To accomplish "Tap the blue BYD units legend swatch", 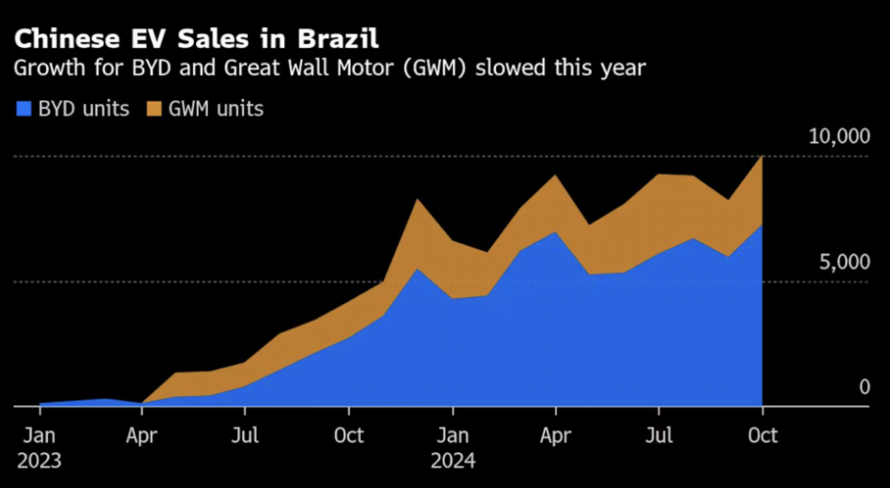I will coord(23,109).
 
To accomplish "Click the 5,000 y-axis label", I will coord(845,262).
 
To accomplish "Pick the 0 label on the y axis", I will coord(864,387).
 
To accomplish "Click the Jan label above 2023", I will coord(38,437).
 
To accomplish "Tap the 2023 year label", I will coord(38,461).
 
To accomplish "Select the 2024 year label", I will coord(453,461).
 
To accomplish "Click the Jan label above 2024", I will coord(453,437).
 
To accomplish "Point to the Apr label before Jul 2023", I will coord(142,437).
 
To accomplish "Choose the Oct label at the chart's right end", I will coord(762,437).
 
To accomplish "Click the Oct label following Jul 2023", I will coord(349,437).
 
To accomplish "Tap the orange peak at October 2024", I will coord(762,159).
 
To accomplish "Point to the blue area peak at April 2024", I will coord(556,233).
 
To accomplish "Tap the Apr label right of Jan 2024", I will coord(556,437).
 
